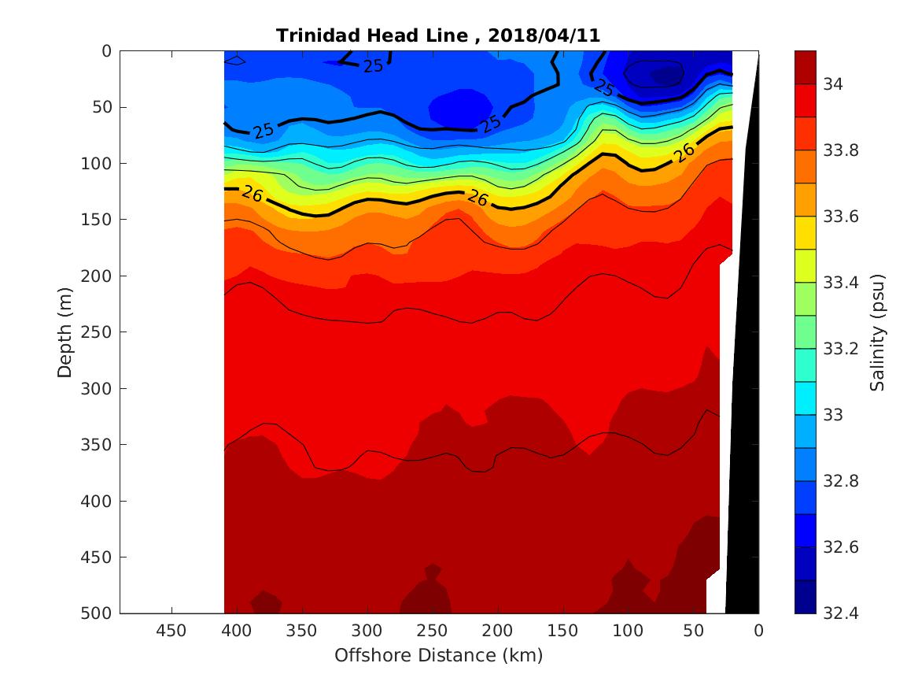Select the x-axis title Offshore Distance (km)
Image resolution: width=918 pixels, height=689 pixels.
click(x=438, y=655)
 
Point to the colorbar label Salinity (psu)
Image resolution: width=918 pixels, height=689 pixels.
click(x=878, y=332)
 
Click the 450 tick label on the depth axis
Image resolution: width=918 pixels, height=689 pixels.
click(x=101, y=557)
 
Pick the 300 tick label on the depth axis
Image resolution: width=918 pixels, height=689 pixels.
click(x=101, y=388)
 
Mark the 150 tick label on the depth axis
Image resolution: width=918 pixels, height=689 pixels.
click(x=101, y=220)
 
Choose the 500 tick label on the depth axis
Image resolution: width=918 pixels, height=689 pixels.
click(x=101, y=613)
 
